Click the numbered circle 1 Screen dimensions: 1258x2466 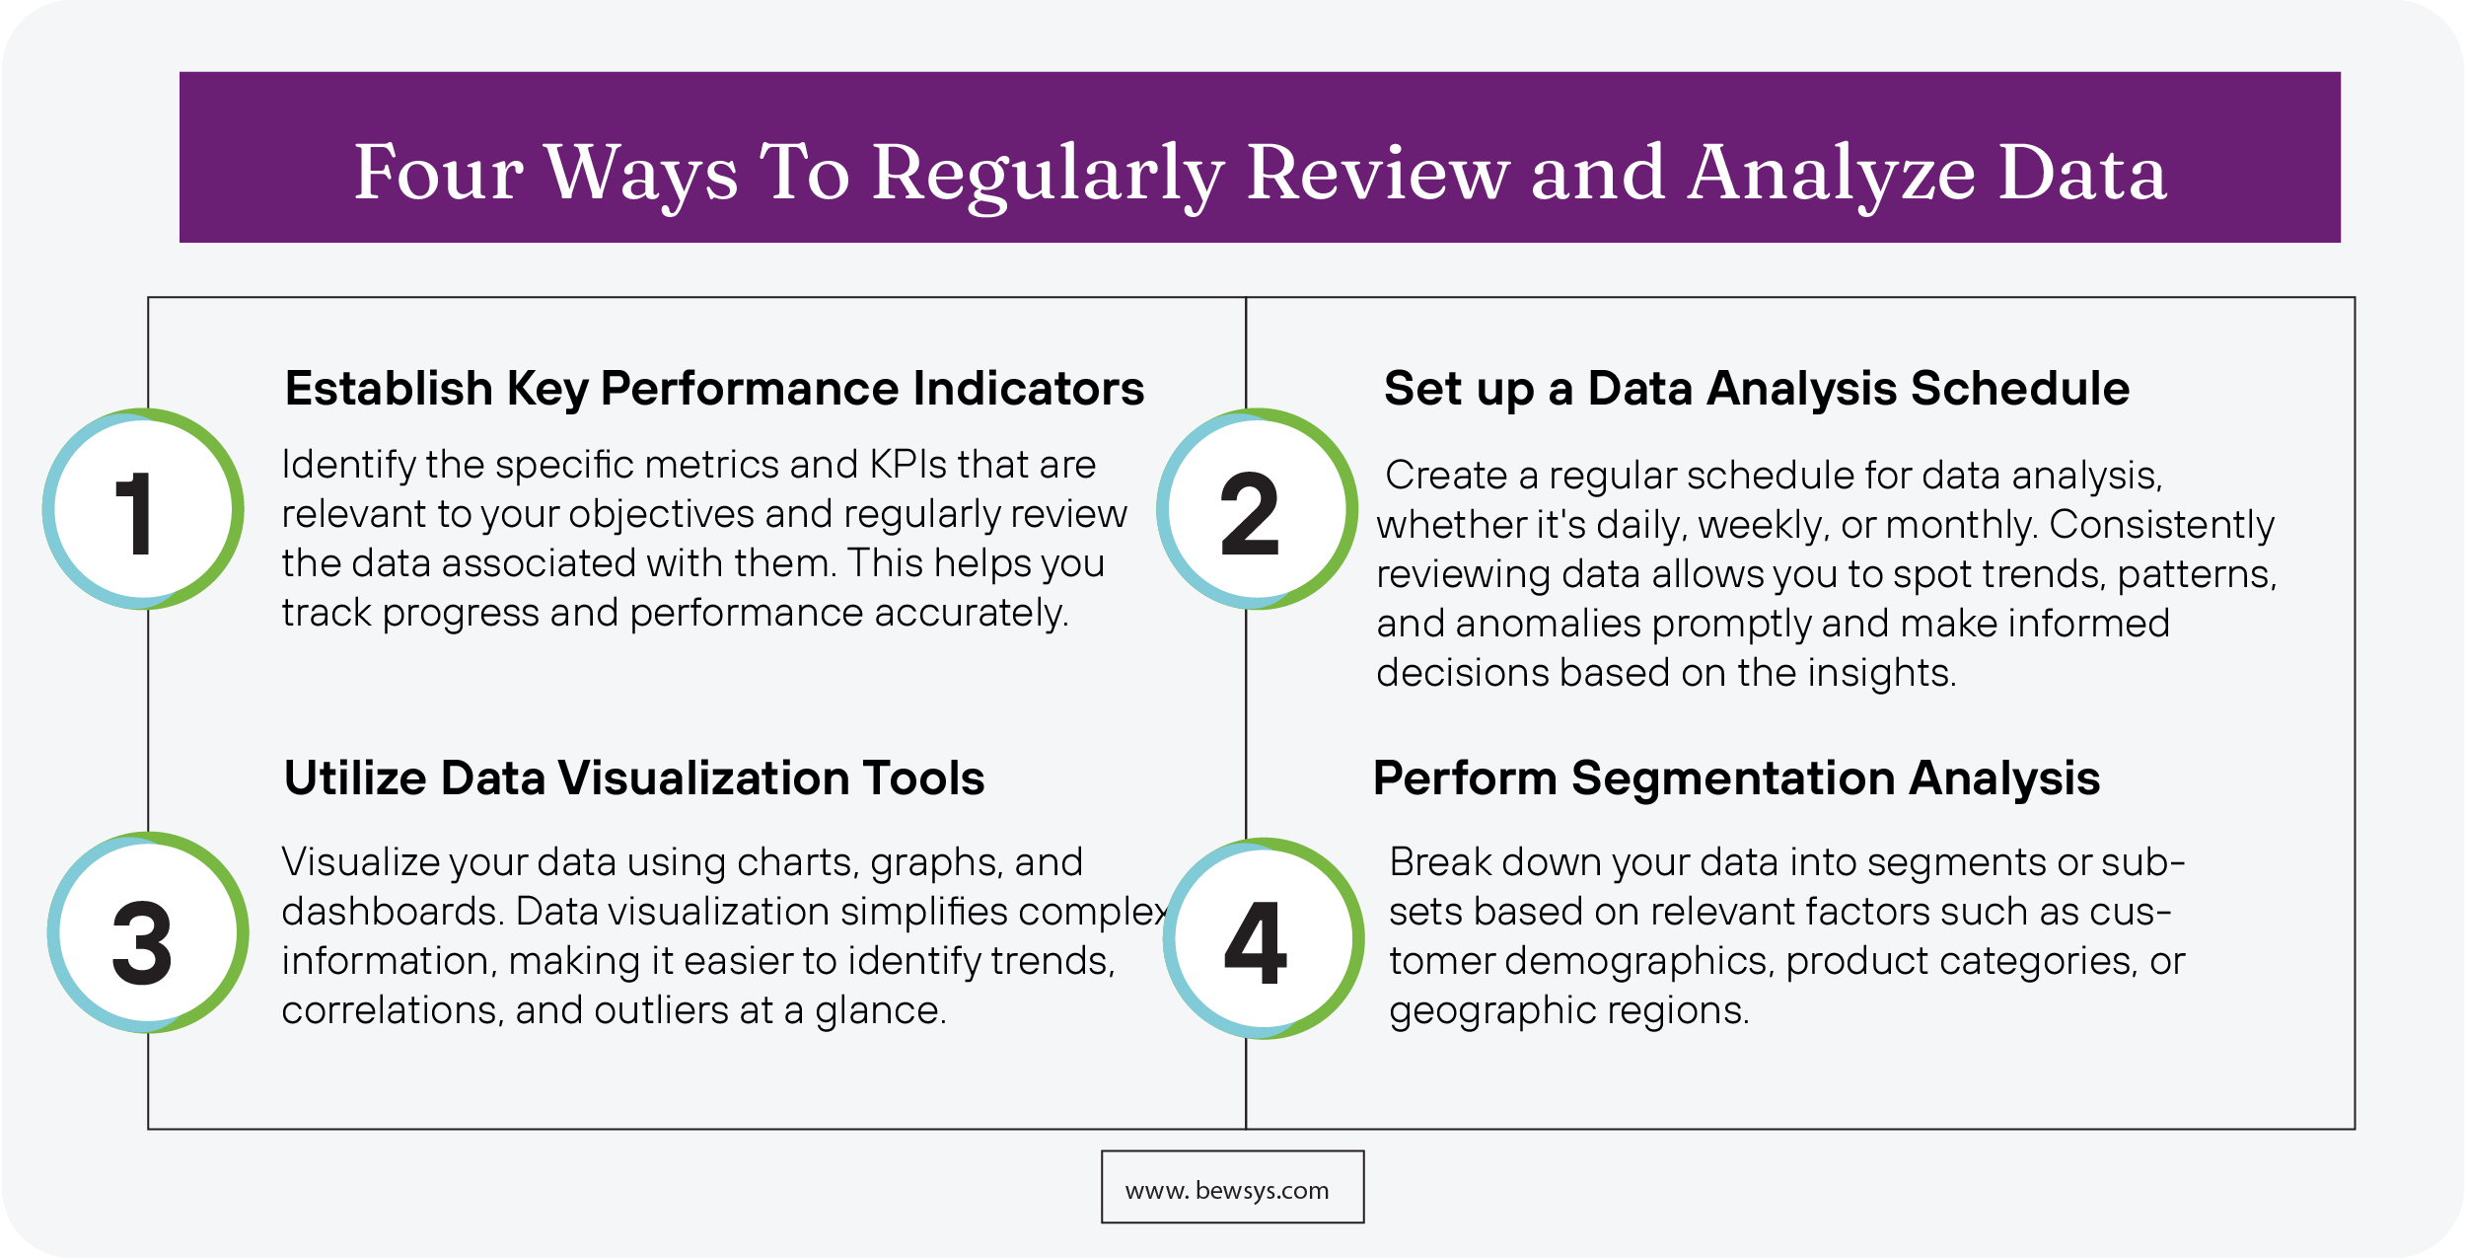click(x=143, y=509)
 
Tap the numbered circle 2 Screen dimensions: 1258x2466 click(x=1257, y=509)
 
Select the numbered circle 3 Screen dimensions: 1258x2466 click(x=148, y=933)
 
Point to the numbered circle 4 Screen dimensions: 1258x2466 click(x=1263, y=938)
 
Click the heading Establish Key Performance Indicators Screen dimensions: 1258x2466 click(x=714, y=389)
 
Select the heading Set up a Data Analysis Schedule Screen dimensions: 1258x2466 click(x=1756, y=389)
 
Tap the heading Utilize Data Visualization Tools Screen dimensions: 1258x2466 click(x=634, y=778)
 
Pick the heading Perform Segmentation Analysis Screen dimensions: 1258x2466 click(x=1736, y=778)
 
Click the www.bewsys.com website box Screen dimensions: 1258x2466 click(x=1232, y=1187)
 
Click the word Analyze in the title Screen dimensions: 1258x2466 click(x=1832, y=174)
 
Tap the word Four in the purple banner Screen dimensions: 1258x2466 click(x=438, y=174)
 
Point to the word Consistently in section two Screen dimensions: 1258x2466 click(x=2161, y=525)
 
